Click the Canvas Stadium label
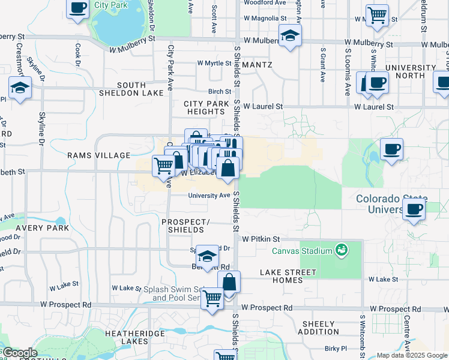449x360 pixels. pos(303,251)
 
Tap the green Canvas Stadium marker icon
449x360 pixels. pos(342,248)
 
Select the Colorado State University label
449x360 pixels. pos(391,204)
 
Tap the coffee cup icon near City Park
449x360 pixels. pos(77,8)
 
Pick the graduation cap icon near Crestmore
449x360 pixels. pos(20,87)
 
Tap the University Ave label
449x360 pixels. pos(209,196)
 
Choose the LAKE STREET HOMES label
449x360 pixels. pos(288,277)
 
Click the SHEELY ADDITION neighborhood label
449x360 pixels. pos(318,328)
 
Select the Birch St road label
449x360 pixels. pos(220,92)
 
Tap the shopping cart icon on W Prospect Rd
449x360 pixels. pos(212,298)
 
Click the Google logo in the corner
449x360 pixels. pos(19,353)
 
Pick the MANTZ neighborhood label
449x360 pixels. pos(258,65)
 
